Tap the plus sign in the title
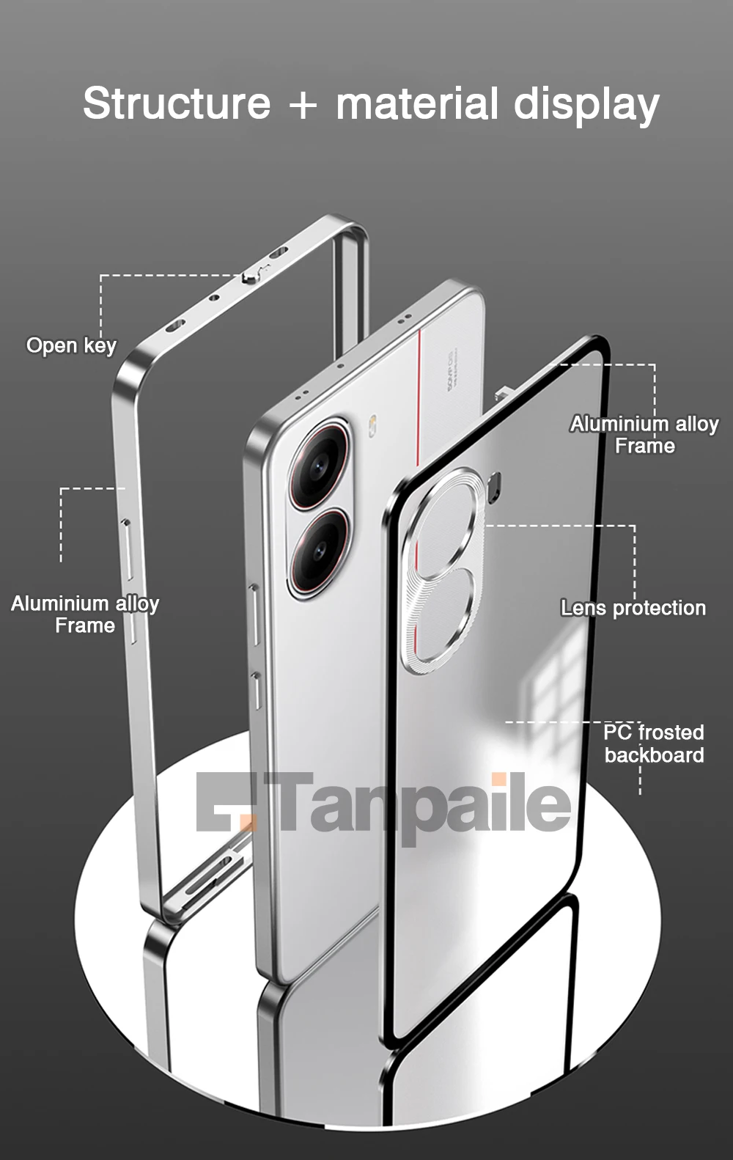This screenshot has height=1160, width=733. point(303,104)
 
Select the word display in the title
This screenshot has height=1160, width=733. point(586,104)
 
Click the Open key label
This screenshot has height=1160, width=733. point(71,345)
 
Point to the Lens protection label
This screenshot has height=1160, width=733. point(633,608)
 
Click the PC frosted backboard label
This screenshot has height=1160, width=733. point(654,744)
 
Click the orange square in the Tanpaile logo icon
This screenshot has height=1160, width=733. point(250,820)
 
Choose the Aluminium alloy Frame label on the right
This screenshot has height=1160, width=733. point(644,435)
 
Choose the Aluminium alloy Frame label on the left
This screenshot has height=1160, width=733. point(85,614)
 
